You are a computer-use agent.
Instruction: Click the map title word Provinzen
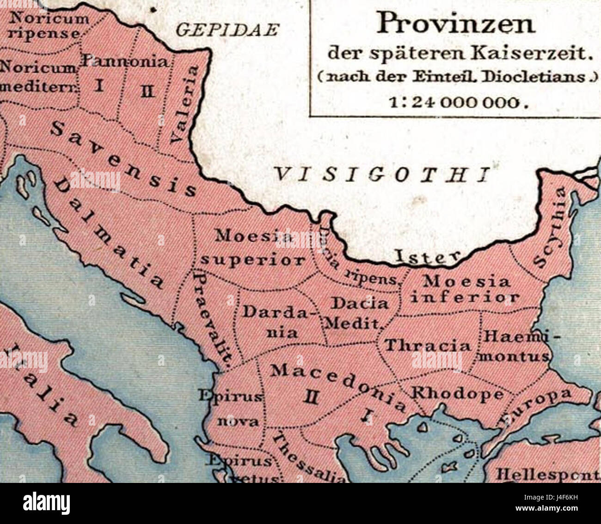(455, 24)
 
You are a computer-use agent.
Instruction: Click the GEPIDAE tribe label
(228, 30)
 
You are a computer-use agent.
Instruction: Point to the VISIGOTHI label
(382, 175)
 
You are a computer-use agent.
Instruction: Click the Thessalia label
(307, 458)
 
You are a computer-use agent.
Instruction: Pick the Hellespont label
(548, 474)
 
